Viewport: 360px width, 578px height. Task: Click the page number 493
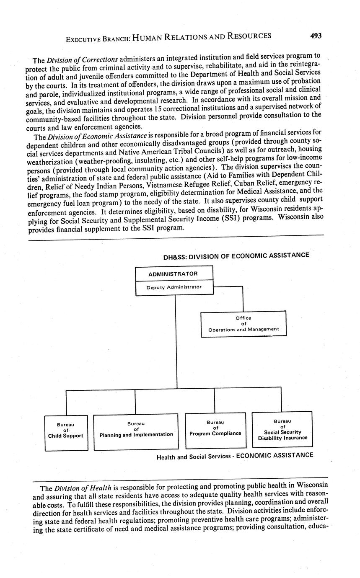(x=316, y=36)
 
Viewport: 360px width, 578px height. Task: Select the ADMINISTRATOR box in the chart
(x=173, y=274)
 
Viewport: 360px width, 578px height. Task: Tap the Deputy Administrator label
(x=174, y=287)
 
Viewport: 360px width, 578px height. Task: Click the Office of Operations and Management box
(x=243, y=324)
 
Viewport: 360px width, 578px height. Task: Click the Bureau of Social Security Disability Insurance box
(x=282, y=429)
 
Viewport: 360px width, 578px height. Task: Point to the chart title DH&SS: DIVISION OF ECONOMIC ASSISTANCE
(x=236, y=255)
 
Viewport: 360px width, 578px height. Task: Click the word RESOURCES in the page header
(x=250, y=36)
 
